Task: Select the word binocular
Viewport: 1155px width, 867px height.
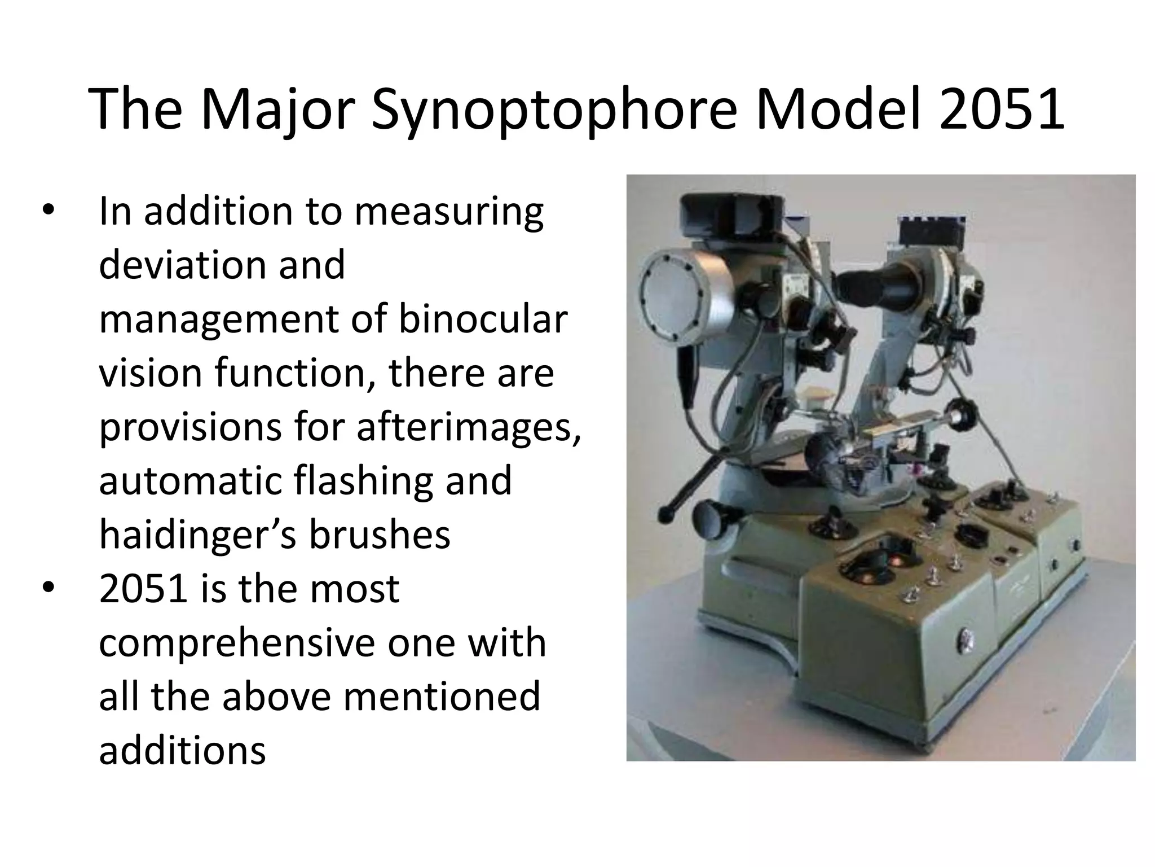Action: pos(482,319)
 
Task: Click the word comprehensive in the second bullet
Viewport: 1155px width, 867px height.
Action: pos(236,643)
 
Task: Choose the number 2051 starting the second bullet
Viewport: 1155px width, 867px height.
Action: pos(143,588)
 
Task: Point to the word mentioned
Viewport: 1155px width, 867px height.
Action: pos(442,697)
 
